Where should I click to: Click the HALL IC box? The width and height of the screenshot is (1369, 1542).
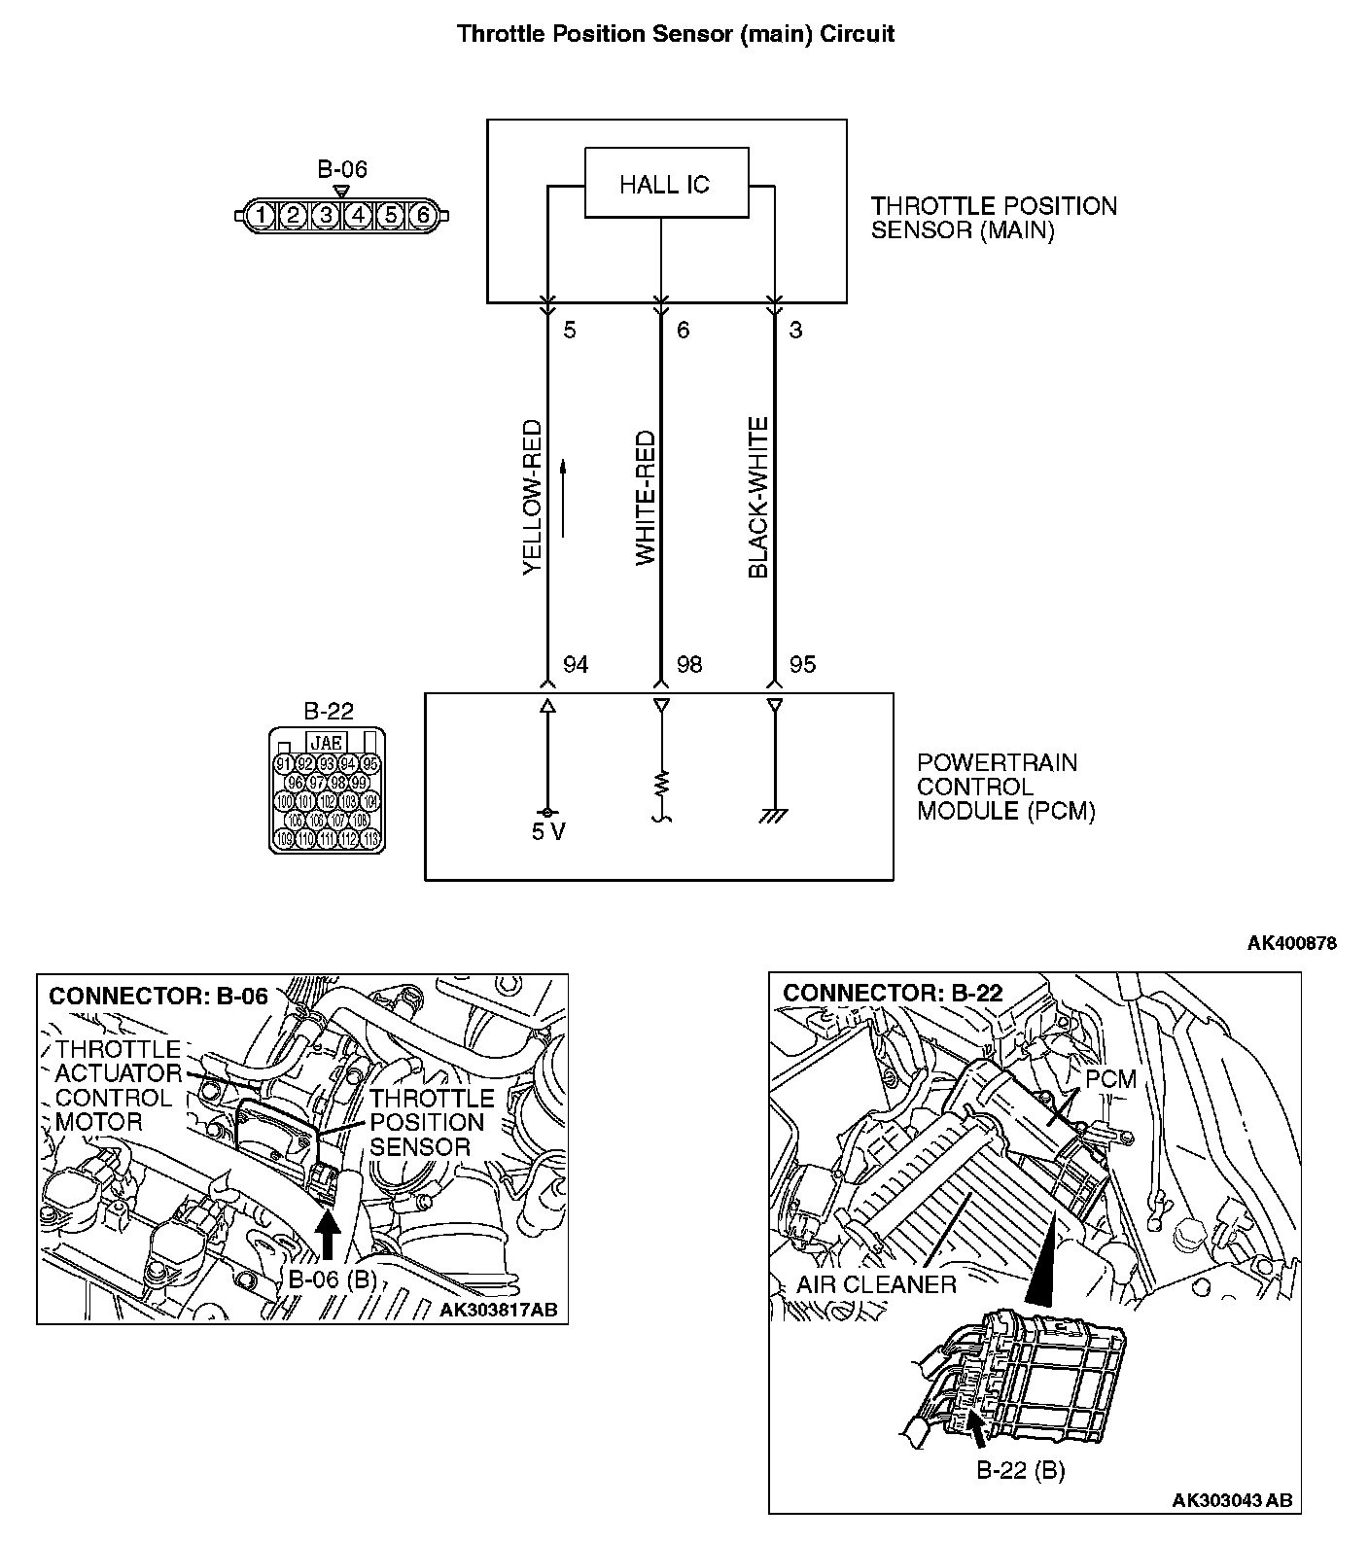tap(666, 183)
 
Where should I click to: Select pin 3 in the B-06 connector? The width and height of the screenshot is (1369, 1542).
tap(327, 215)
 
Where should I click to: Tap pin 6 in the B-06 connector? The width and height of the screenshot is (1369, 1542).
tap(422, 215)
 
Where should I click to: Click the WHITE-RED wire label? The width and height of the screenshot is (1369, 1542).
tap(646, 499)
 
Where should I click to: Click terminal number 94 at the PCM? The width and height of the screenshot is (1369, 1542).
tap(576, 665)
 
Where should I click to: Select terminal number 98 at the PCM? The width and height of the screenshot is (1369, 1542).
tap(689, 665)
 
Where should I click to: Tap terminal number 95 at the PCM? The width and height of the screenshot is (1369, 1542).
tap(802, 665)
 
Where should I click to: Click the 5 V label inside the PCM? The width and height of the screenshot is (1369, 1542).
tap(548, 833)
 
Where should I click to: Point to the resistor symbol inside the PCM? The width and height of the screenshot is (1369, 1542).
tap(661, 783)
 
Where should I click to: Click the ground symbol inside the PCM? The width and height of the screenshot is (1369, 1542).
tap(775, 818)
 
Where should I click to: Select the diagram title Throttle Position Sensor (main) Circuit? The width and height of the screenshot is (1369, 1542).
tap(676, 34)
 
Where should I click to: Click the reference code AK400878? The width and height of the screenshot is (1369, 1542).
tap(1292, 943)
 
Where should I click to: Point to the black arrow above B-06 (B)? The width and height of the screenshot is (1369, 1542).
tap(329, 1240)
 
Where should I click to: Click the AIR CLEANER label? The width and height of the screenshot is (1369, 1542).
tap(876, 1284)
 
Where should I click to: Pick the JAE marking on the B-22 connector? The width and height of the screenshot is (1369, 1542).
tap(326, 743)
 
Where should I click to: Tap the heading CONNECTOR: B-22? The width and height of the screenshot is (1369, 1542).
tap(893, 993)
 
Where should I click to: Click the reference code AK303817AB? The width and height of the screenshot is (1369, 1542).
tap(498, 1310)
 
